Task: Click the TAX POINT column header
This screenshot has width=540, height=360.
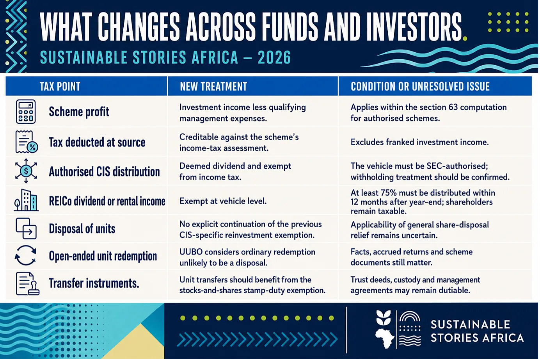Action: pyautogui.click(x=60, y=86)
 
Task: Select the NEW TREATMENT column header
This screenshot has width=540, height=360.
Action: pyautogui.click(x=213, y=86)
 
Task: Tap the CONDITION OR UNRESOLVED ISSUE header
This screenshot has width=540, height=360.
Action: pyautogui.click(x=420, y=86)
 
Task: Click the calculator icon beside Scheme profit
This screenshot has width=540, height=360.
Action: pyautogui.click(x=26, y=111)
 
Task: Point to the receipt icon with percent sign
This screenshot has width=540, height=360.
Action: pyautogui.click(x=27, y=142)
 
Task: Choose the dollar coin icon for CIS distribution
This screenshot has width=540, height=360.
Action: pyautogui.click(x=26, y=171)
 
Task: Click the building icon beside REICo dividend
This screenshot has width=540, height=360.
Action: pyautogui.click(x=26, y=200)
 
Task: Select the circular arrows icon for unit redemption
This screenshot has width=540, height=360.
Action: pyautogui.click(x=25, y=255)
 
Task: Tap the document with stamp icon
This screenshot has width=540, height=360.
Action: pyautogui.click(x=27, y=283)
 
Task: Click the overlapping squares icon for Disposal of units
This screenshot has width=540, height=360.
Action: pyautogui.click(x=26, y=228)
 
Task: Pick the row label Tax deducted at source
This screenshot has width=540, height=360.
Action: pyautogui.click(x=97, y=142)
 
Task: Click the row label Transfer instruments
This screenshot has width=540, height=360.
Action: pyautogui.click(x=94, y=283)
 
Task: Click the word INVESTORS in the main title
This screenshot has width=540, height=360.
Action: pyautogui.click(x=414, y=27)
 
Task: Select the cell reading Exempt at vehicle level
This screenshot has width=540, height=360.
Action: pyautogui.click(x=223, y=201)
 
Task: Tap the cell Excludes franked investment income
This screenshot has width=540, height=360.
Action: pyautogui.click(x=419, y=142)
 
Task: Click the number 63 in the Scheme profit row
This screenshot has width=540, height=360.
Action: pyautogui.click(x=453, y=107)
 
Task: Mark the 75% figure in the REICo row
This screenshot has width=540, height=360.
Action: pyautogui.click(x=389, y=193)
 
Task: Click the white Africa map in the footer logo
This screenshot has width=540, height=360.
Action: pyautogui.click(x=385, y=338)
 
